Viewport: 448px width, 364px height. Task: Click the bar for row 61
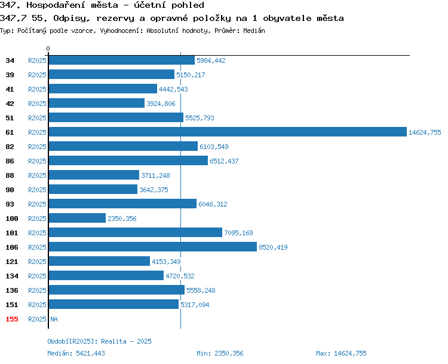coord(228,132)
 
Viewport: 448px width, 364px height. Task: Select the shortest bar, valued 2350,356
coord(77,218)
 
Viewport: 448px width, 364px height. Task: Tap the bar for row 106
coord(153,247)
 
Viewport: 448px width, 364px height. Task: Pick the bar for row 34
coord(122,60)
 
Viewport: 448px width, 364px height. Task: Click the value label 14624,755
coord(425,132)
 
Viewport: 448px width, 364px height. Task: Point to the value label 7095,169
coord(238,233)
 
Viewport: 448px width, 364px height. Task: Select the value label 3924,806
coord(161,104)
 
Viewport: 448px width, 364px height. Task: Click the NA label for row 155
coord(54,319)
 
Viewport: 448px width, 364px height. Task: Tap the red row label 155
coord(12,319)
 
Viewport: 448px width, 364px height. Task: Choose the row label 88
coord(10,175)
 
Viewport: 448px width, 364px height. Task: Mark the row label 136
coord(12,290)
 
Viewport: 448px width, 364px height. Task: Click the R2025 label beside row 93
coord(37,204)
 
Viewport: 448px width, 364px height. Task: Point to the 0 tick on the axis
coord(48,48)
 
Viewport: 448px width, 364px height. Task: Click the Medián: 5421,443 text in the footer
coord(76,353)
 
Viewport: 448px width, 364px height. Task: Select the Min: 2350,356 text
coord(220,353)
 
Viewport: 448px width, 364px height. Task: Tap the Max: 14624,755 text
coord(341,353)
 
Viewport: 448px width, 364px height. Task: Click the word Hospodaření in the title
coord(56,5)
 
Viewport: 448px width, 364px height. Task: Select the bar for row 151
coord(113,304)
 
